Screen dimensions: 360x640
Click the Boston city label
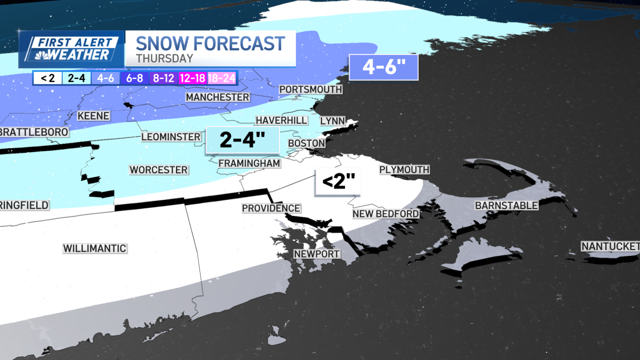coord(306,143)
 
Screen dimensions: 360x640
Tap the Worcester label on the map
coord(158,170)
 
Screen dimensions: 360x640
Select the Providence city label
coord(271,208)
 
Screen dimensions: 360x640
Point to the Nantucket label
coord(610,246)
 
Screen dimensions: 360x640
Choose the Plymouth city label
coord(404,170)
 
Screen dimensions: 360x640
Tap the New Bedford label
coord(385,214)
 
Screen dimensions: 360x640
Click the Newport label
coord(316,254)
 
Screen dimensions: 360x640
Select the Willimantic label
coord(94,248)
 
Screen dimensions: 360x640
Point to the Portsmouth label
coord(310,89)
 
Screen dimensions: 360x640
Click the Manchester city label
coord(217,97)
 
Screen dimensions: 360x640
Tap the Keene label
coord(93,116)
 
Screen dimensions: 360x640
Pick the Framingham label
coord(249,163)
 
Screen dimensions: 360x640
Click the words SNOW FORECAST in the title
coord(210,43)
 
